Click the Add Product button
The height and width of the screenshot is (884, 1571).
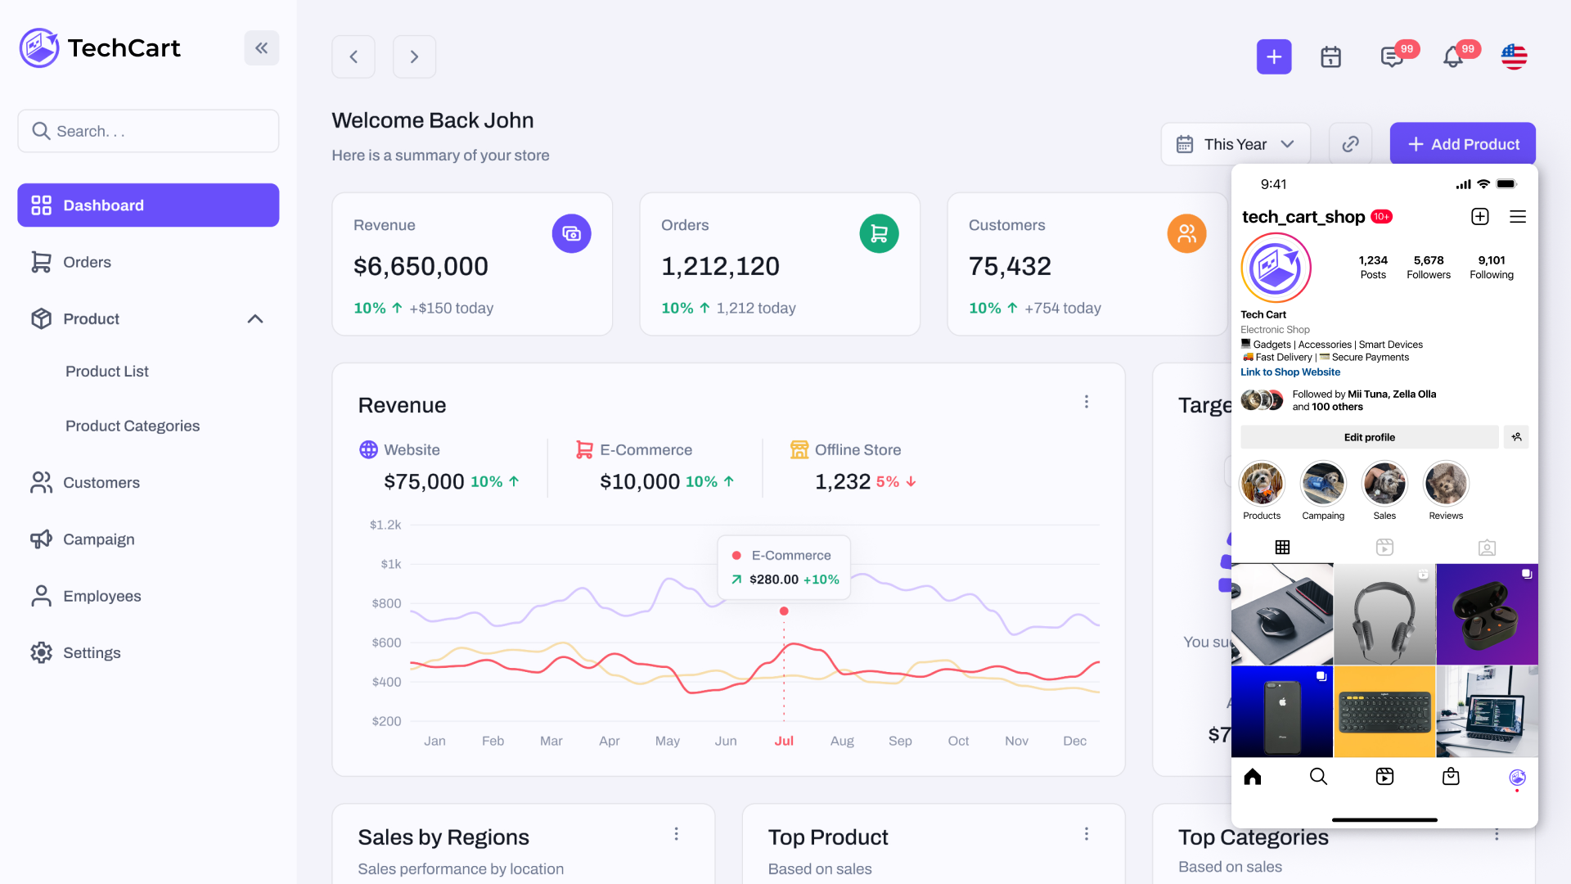(x=1462, y=144)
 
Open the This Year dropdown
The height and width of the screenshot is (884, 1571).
(x=1235, y=144)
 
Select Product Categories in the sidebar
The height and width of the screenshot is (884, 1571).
(x=133, y=426)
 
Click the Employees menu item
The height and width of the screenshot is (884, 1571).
(x=101, y=596)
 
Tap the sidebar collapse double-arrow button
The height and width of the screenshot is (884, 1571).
(x=261, y=48)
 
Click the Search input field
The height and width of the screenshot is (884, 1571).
(x=148, y=131)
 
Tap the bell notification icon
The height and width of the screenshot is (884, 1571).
(x=1452, y=56)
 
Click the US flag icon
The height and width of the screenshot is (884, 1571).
(x=1514, y=56)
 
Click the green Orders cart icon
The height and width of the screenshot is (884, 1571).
(x=879, y=234)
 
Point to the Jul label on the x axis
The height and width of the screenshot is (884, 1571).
(x=784, y=741)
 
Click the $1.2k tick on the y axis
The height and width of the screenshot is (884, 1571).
(x=385, y=525)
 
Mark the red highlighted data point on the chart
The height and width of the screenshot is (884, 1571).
(x=784, y=611)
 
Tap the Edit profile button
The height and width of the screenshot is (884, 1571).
(x=1369, y=437)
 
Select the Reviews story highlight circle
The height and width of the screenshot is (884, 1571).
(x=1446, y=484)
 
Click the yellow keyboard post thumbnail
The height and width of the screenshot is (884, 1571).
(x=1384, y=711)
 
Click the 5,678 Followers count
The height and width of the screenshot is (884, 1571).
(x=1428, y=267)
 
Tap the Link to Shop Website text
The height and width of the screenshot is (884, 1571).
(x=1290, y=372)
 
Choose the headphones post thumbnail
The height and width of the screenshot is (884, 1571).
(x=1384, y=614)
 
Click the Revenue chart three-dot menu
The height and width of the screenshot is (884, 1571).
(x=1086, y=402)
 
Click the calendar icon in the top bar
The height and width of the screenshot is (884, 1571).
(x=1330, y=56)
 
